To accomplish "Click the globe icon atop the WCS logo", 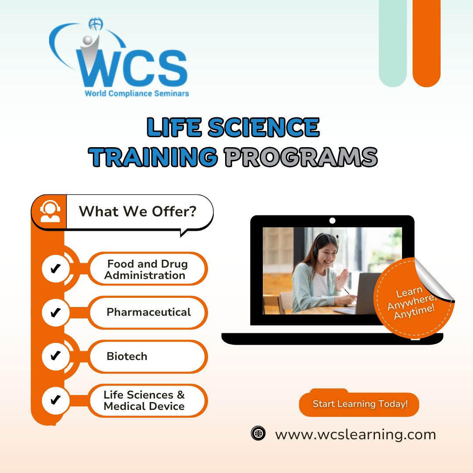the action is pyautogui.click(x=95, y=24).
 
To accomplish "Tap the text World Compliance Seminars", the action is pyautogui.click(x=137, y=94).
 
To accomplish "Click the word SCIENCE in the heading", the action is pyautogui.click(x=263, y=127).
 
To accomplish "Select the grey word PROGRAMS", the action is pyautogui.click(x=301, y=157).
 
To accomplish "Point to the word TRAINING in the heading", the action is pyautogui.click(x=153, y=157).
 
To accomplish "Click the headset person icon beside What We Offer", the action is pyautogui.click(x=50, y=212).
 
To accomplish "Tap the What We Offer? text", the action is pyautogui.click(x=138, y=211).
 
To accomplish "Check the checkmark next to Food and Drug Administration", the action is pyautogui.click(x=56, y=268).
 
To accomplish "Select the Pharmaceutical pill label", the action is pyautogui.click(x=148, y=312).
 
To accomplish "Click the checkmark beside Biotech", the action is pyautogui.click(x=56, y=356).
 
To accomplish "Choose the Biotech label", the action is pyautogui.click(x=148, y=356).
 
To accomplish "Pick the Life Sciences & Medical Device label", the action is pyautogui.click(x=148, y=400).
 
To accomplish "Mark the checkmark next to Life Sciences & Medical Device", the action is pyautogui.click(x=56, y=400).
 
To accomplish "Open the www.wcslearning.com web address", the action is pyautogui.click(x=355, y=435).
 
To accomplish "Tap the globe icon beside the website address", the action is pyautogui.click(x=258, y=434).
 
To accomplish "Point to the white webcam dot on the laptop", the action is pyautogui.click(x=332, y=220).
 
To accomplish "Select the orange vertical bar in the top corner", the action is pyautogui.click(x=426, y=43).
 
